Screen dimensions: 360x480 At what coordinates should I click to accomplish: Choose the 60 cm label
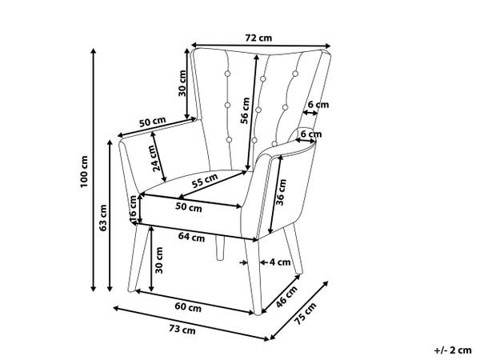click(189, 307)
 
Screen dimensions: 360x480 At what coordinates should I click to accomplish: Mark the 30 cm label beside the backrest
click(183, 82)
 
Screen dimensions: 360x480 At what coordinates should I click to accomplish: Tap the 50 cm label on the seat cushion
click(189, 207)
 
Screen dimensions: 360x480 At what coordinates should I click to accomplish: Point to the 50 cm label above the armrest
click(152, 122)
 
